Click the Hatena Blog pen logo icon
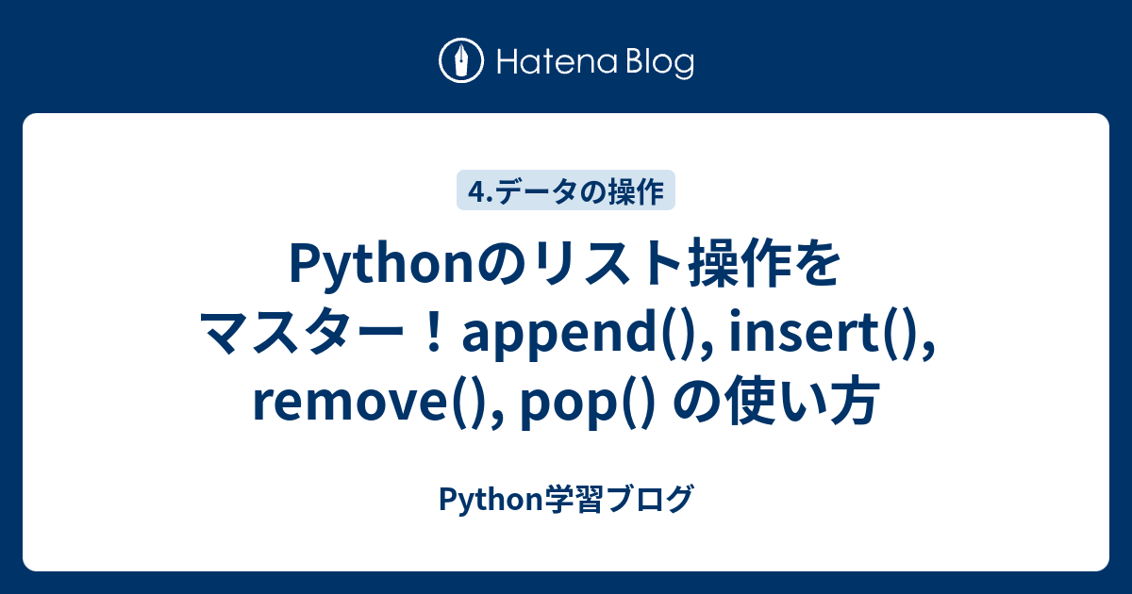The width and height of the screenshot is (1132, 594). [x=461, y=61]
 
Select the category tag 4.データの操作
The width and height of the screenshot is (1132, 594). [x=566, y=191]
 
